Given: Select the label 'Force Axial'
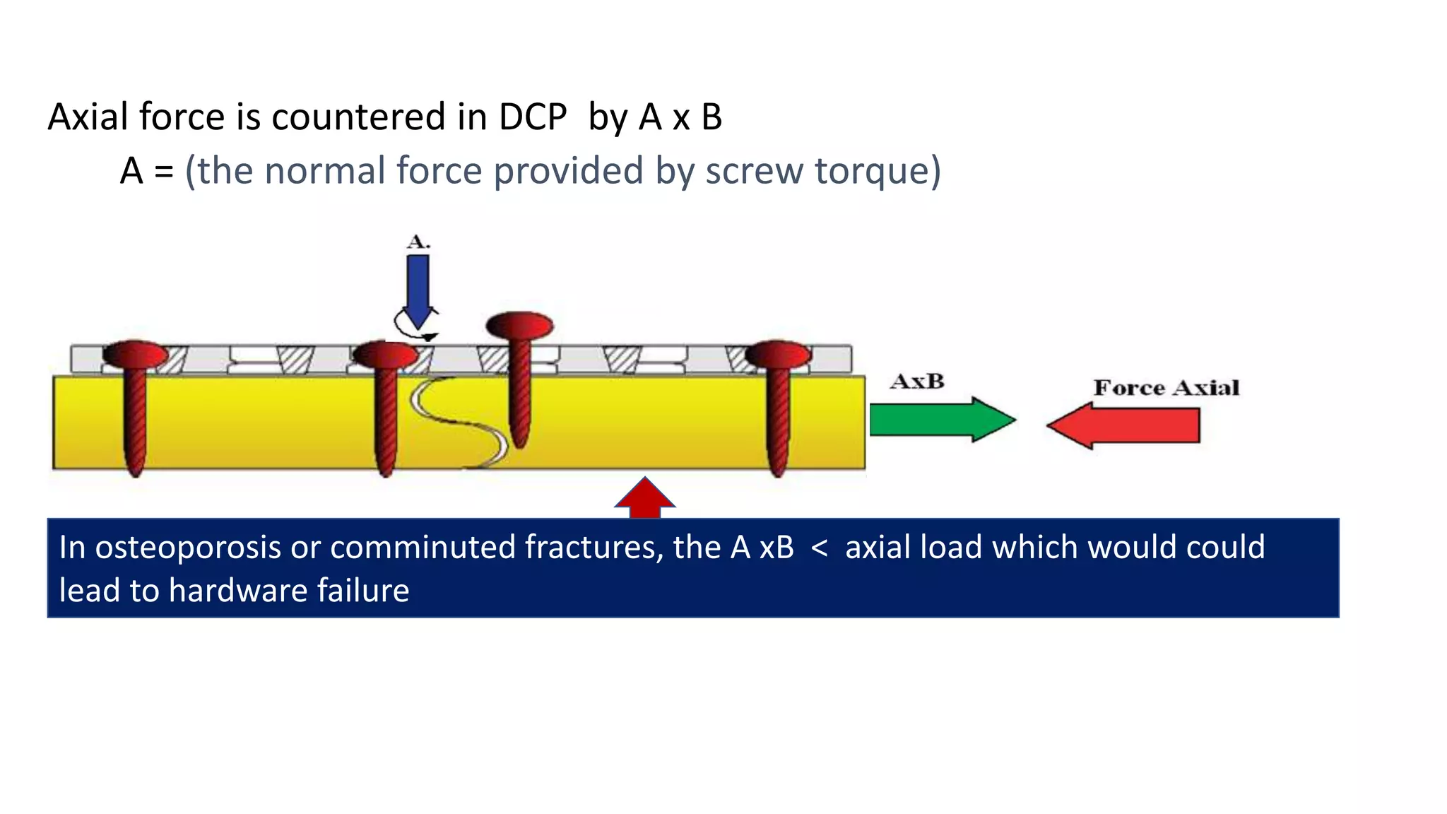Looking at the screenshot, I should (1166, 388).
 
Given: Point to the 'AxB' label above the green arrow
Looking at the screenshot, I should (917, 382).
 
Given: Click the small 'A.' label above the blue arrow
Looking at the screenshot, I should (418, 242).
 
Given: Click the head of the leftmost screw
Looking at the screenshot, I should (135, 353).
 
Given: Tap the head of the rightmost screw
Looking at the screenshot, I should (778, 353).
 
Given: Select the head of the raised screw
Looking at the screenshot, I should (520, 326).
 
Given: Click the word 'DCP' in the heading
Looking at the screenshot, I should (533, 117).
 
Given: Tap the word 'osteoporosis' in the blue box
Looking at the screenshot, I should (188, 548).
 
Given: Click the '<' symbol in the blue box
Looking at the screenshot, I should (820, 548).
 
